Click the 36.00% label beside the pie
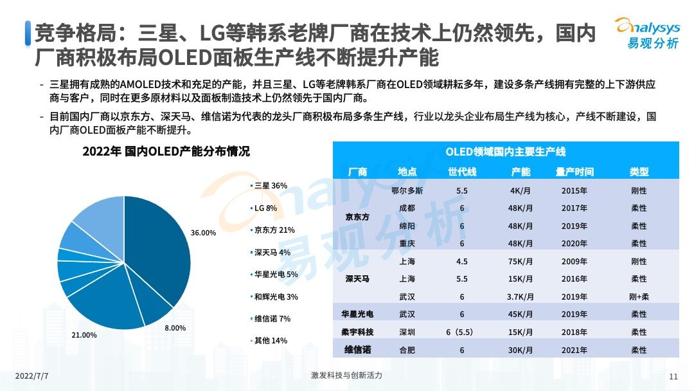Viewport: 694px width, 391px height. click(x=204, y=233)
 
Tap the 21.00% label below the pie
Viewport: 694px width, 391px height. click(x=84, y=335)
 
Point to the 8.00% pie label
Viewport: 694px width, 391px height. click(x=175, y=328)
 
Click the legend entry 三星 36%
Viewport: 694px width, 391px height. click(x=271, y=185)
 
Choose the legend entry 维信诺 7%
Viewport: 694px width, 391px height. click(x=272, y=318)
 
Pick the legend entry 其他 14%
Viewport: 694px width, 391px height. click(x=271, y=340)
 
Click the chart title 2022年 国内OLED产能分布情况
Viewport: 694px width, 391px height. click(x=165, y=152)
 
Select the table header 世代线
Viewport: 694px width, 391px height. click(x=461, y=172)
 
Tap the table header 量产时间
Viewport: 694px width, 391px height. click(x=574, y=172)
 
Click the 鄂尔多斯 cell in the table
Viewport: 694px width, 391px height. click(x=407, y=191)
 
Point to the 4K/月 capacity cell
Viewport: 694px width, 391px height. click(x=520, y=191)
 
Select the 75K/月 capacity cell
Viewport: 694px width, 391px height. click(x=520, y=261)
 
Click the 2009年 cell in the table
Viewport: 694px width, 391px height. click(x=574, y=261)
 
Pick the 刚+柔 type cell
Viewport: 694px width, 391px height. click(x=638, y=296)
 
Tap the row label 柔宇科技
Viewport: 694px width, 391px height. click(x=357, y=332)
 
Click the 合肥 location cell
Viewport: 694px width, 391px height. click(x=407, y=350)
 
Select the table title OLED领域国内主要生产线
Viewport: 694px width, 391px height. click(x=505, y=152)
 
